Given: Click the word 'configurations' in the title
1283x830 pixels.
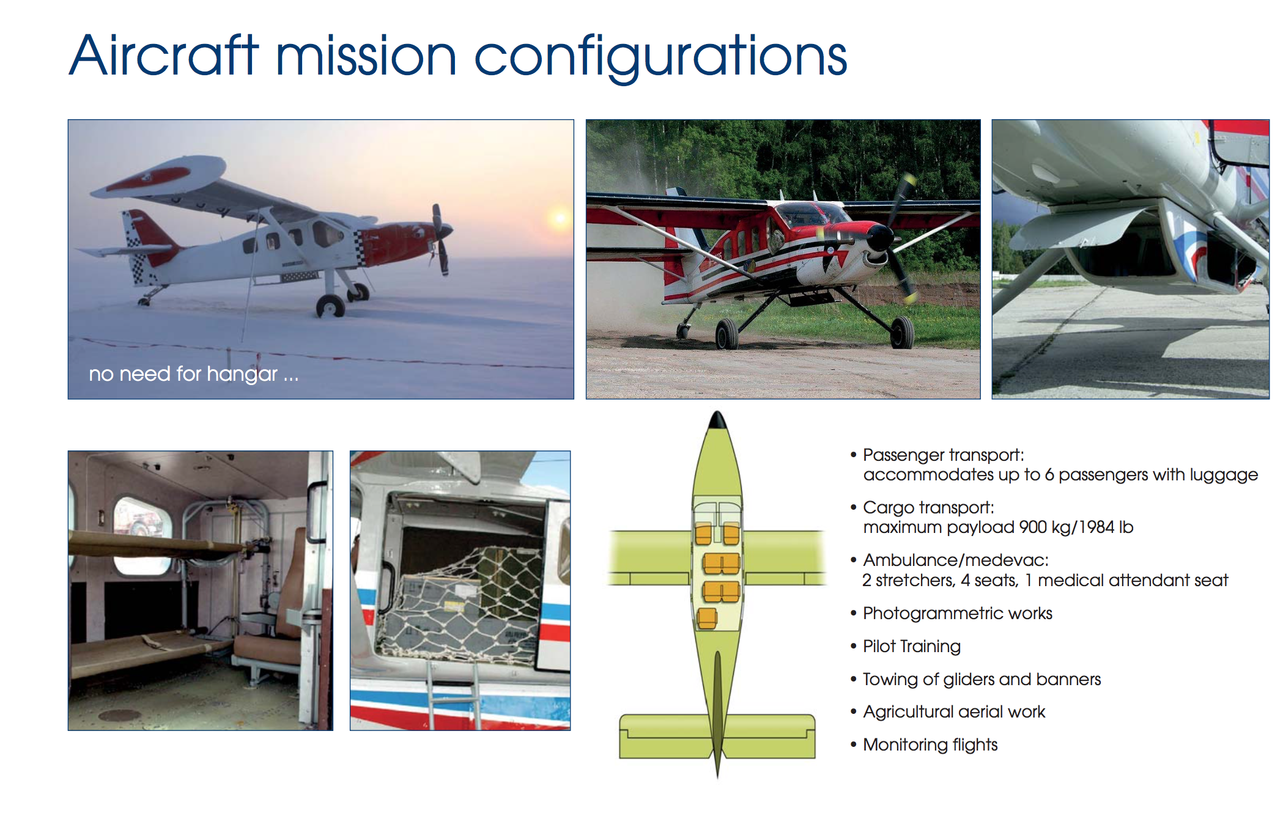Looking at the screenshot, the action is [x=660, y=56].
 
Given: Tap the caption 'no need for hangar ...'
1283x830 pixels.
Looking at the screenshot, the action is [x=194, y=373].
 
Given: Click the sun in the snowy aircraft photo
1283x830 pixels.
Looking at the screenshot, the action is [x=560, y=218].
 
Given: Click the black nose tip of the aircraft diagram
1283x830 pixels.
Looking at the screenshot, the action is [x=717, y=420].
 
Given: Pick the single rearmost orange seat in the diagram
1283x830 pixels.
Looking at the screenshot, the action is [x=707, y=618].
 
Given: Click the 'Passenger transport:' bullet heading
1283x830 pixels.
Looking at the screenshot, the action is [x=943, y=455].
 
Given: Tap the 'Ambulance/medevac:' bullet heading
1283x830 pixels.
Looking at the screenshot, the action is [x=955, y=560].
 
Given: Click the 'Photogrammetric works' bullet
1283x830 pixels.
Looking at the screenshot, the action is [x=957, y=613].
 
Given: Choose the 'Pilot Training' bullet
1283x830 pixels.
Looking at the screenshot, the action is [x=911, y=646].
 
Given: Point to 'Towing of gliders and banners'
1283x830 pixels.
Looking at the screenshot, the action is [x=982, y=679].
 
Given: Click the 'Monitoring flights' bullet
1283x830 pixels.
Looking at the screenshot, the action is [x=930, y=744].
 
